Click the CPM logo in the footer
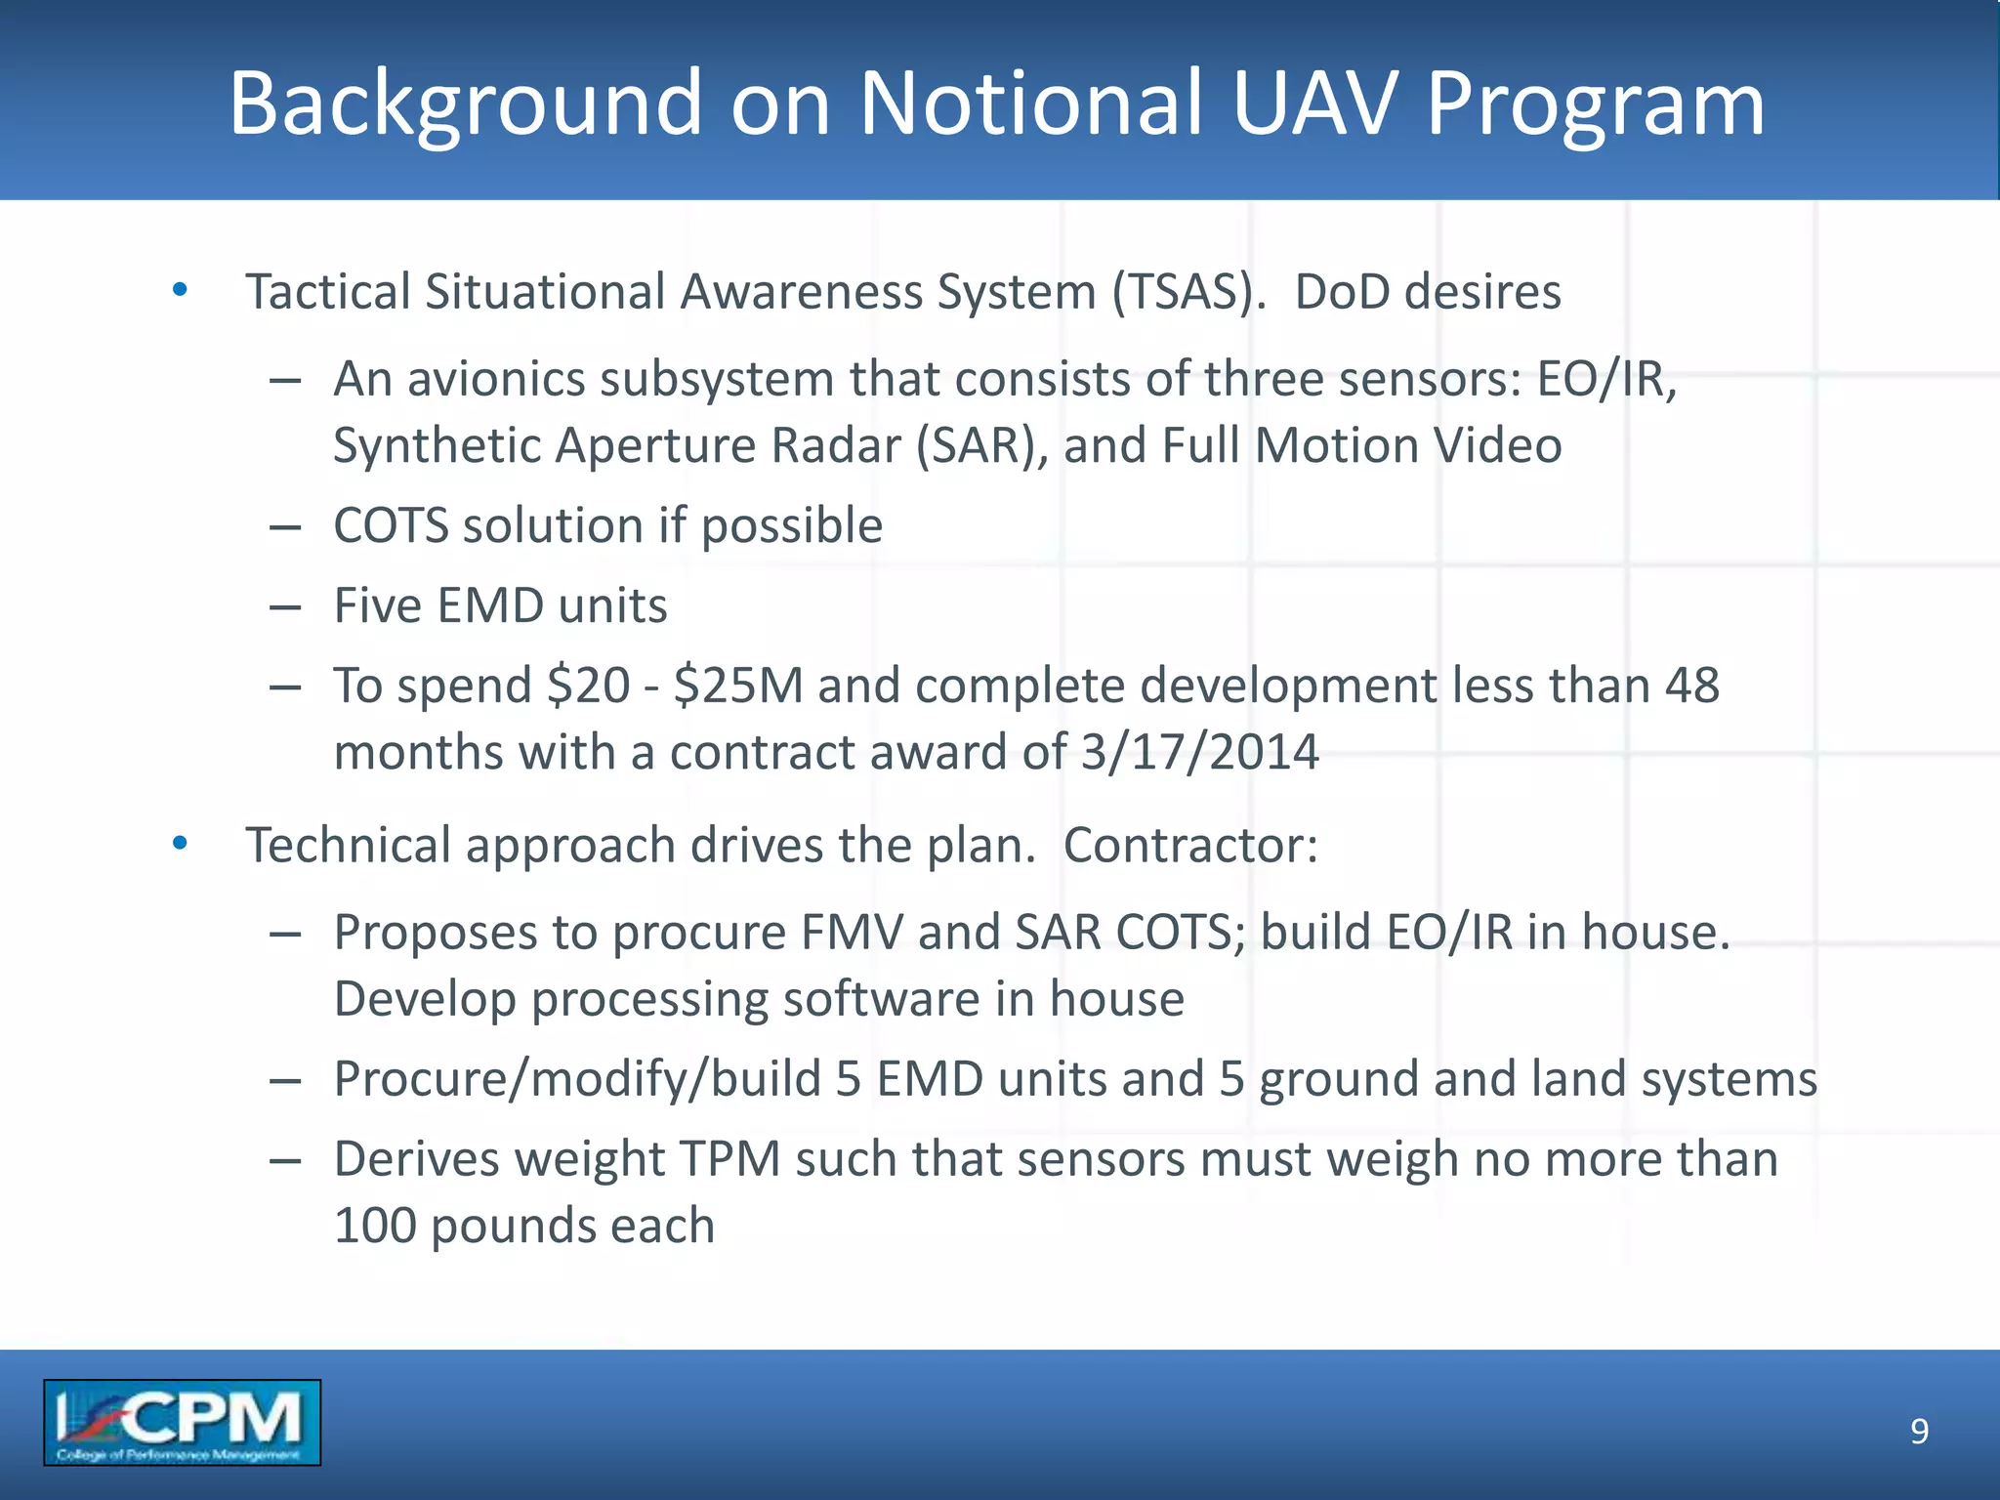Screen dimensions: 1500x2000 tap(182, 1422)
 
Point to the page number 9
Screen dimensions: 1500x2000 tap(1919, 1432)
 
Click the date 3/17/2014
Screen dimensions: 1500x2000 tap(1200, 753)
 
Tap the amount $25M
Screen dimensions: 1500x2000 tap(737, 686)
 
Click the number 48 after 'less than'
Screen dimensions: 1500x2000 tap(1691, 686)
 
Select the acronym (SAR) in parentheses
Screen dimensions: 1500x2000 tap(980, 446)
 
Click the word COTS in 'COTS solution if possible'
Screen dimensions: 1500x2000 tap(390, 526)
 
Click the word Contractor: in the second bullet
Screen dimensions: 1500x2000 tap(1189, 846)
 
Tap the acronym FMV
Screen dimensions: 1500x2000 tap(852, 933)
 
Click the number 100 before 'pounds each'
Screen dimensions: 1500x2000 tap(375, 1227)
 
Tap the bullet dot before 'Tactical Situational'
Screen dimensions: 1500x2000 tap(180, 290)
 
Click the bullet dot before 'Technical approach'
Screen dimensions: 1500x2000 tap(180, 844)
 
